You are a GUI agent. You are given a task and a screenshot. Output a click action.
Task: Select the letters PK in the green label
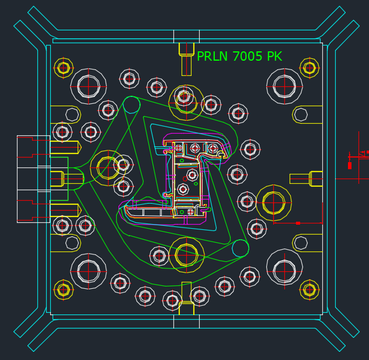[274, 57]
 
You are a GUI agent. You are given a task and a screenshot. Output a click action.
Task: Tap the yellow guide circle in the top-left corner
[64, 68]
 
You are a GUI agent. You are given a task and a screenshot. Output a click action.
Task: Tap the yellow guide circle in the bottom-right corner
[309, 289]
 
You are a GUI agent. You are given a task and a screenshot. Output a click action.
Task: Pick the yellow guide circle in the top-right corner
[309, 68]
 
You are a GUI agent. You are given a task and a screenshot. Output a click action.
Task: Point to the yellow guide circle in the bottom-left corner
[64, 289]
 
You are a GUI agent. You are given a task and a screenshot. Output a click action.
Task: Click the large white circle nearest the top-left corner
[89, 86]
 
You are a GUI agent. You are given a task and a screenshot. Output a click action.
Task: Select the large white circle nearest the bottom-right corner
[284, 271]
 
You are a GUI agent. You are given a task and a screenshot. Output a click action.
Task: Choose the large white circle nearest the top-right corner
[284, 86]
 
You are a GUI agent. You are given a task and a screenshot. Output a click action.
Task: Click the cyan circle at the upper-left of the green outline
[131, 105]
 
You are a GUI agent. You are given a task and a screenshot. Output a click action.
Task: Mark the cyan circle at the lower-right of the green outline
[241, 248]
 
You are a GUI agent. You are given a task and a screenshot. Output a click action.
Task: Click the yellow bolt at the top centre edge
[186, 49]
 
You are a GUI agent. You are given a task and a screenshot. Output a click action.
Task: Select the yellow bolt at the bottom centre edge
[186, 307]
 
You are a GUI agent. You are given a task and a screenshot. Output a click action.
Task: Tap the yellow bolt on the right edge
[315, 179]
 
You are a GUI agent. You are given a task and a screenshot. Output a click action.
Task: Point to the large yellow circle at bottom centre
[186, 255]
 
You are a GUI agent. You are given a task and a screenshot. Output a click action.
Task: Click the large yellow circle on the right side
[273, 203]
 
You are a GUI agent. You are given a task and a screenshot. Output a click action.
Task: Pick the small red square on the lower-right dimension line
[298, 223]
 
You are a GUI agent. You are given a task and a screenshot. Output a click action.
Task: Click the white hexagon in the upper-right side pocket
[301, 114]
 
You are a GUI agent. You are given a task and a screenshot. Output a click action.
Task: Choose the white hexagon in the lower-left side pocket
[72, 243]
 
